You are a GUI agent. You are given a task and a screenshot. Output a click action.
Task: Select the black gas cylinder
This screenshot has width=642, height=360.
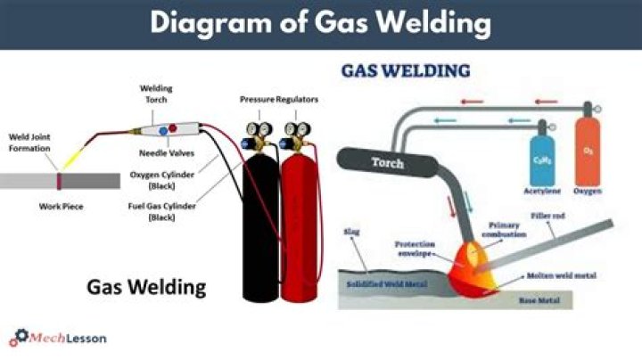point(260,223)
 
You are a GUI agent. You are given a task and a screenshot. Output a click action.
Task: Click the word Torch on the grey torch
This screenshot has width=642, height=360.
point(387,163)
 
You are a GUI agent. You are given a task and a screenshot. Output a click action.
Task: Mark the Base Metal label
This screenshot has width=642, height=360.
point(538,300)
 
